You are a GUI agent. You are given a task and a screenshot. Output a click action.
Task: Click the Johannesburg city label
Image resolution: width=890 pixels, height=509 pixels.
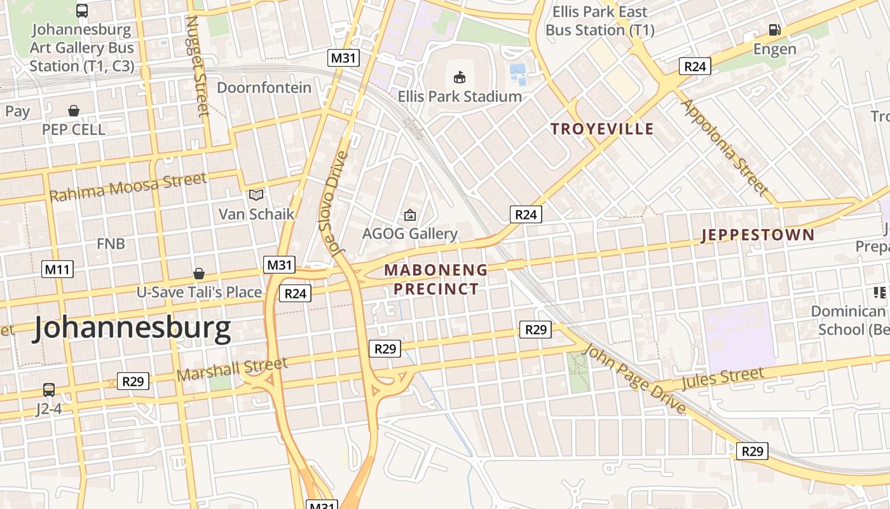[x=132, y=328]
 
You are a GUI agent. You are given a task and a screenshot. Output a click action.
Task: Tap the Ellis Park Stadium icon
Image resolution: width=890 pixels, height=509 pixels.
[x=459, y=77]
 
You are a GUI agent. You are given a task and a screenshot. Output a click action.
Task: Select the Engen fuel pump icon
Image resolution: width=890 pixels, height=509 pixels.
[x=774, y=29]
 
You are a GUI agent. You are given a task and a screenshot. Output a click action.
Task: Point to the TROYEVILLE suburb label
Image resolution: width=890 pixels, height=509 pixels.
[x=601, y=129]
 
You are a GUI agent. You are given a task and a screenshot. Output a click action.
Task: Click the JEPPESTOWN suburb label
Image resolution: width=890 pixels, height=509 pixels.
[x=757, y=235]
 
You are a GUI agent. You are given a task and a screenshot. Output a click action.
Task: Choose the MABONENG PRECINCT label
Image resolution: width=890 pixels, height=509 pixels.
[x=436, y=279]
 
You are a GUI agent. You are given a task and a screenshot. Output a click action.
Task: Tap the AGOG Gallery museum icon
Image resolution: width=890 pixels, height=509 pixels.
[x=410, y=215]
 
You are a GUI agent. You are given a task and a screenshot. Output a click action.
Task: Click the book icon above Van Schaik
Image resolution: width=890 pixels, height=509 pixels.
[x=256, y=195]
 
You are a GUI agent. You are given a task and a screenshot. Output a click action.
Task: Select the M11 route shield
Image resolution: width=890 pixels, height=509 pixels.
[x=58, y=269]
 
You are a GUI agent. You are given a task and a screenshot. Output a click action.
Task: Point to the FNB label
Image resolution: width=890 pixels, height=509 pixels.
[x=111, y=244]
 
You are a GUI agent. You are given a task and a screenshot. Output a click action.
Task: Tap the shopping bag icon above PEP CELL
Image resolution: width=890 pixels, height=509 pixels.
[x=74, y=111]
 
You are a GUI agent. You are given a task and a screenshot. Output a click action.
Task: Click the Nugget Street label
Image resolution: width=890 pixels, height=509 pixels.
[x=197, y=66]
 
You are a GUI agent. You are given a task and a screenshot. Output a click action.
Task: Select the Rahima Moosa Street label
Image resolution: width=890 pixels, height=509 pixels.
[x=128, y=187]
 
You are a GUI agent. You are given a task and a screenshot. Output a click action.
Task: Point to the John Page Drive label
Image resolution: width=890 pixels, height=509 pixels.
[x=634, y=379]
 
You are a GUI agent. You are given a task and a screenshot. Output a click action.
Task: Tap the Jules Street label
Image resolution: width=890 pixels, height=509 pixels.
[x=722, y=379]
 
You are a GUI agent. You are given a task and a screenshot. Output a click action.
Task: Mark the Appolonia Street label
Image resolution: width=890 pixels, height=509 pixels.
[x=724, y=147]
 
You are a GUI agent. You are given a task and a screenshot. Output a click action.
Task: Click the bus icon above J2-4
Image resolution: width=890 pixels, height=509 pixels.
[x=49, y=389]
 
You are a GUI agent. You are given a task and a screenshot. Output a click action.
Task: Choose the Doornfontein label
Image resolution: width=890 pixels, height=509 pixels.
[x=264, y=87]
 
